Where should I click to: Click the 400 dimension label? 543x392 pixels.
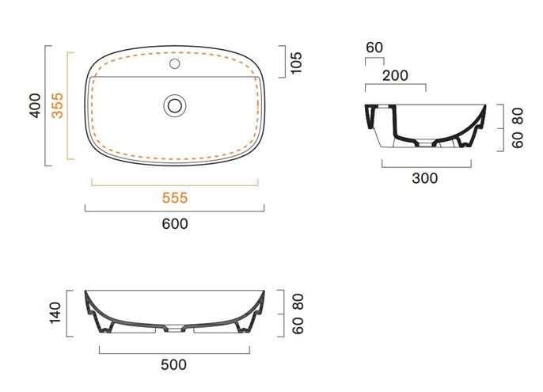click(x=36, y=105)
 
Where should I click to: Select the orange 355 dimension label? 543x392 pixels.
click(x=57, y=105)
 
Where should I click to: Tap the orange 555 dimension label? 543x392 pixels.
click(x=175, y=198)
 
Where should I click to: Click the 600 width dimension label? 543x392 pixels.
click(x=175, y=224)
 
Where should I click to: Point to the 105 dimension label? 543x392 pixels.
click(x=296, y=63)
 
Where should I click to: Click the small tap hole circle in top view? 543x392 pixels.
click(x=174, y=64)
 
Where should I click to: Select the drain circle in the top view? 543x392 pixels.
click(x=174, y=105)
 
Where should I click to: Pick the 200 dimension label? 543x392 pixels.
click(x=395, y=75)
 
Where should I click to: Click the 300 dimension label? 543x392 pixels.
click(x=425, y=178)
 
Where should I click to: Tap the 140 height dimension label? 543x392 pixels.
click(x=55, y=313)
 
